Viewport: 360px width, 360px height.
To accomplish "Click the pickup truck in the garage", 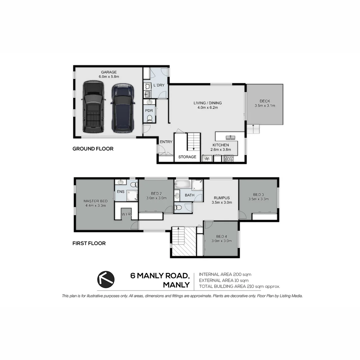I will pyautogui.click(x=93, y=107).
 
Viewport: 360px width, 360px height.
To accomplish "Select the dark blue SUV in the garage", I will pyautogui.click(x=122, y=108).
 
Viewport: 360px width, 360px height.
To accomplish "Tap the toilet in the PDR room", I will pyautogui.click(x=149, y=118).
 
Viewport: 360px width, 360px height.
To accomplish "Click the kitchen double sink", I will pyautogui.click(x=230, y=137).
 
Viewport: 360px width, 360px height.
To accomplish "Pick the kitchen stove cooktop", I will pyautogui.click(x=228, y=159).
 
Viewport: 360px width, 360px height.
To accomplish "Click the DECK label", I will pyautogui.click(x=265, y=101).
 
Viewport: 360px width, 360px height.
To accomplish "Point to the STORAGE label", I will pyautogui.click(x=187, y=157).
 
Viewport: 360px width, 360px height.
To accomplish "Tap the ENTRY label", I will pyautogui.click(x=166, y=142).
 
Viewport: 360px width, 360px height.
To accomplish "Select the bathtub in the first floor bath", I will pyautogui.click(x=183, y=185).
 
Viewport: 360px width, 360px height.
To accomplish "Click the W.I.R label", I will pyautogui.click(x=126, y=214).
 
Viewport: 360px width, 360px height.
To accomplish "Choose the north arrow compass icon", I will pyautogui.click(x=106, y=279).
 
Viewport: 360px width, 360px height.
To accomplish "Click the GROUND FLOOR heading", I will pyautogui.click(x=93, y=149).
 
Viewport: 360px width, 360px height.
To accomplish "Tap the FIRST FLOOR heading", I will pyautogui.click(x=89, y=243).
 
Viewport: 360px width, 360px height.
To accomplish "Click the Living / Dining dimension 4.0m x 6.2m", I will pyautogui.click(x=208, y=108).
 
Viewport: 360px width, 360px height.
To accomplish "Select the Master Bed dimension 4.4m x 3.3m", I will pyautogui.click(x=95, y=206).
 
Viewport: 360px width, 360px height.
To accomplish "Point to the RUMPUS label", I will pyautogui.click(x=222, y=198).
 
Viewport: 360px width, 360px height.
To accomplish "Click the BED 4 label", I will pyautogui.click(x=221, y=237).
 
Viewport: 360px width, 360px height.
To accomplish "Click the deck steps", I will pyautogui.click(x=254, y=129).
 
